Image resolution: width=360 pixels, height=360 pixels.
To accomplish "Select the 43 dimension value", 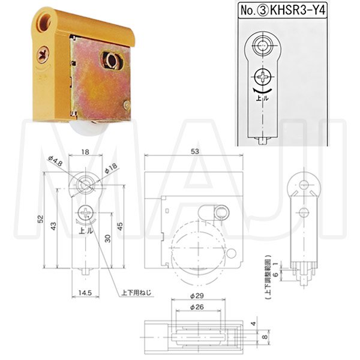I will click(x=53, y=226).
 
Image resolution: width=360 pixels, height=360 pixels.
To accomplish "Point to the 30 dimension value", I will click(x=107, y=238).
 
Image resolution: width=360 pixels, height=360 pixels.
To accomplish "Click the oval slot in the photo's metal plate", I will click(x=112, y=59).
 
